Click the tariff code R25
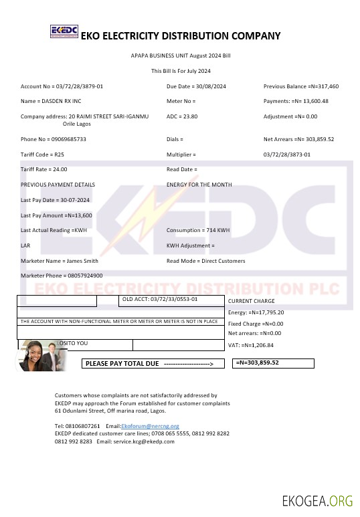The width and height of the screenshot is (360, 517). click(60, 154)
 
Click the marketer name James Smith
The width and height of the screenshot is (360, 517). click(82, 260)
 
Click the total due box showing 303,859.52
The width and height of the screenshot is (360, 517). click(273, 363)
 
